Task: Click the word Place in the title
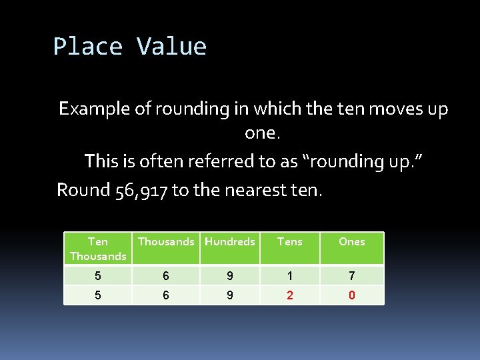pyautogui.click(x=87, y=47)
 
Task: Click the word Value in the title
pyautogui.click(x=171, y=47)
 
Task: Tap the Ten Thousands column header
pyautogui.click(x=98, y=249)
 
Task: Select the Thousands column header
pyautogui.click(x=166, y=241)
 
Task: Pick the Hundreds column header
pyautogui.click(x=230, y=241)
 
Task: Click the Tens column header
pyautogui.click(x=289, y=241)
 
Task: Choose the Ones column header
pyautogui.click(x=351, y=241)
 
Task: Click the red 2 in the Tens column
pyautogui.click(x=289, y=295)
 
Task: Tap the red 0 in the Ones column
pyautogui.click(x=351, y=295)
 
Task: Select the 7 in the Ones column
pyautogui.click(x=351, y=275)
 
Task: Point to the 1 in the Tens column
pyautogui.click(x=289, y=275)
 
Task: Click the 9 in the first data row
pyautogui.click(x=230, y=275)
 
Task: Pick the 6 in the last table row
pyautogui.click(x=166, y=295)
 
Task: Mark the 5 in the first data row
pyautogui.click(x=98, y=275)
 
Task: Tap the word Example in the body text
pyautogui.click(x=95, y=109)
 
